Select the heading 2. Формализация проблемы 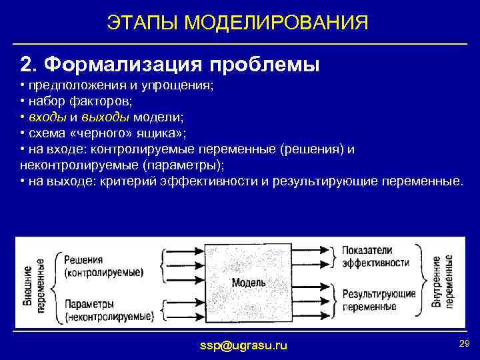(171, 65)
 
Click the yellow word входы (47, 116)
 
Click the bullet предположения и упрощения (117, 87)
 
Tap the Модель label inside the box (249, 283)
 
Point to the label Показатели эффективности (375, 256)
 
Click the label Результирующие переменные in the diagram (378, 299)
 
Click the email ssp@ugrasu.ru (244, 345)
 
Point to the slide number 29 (464, 343)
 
